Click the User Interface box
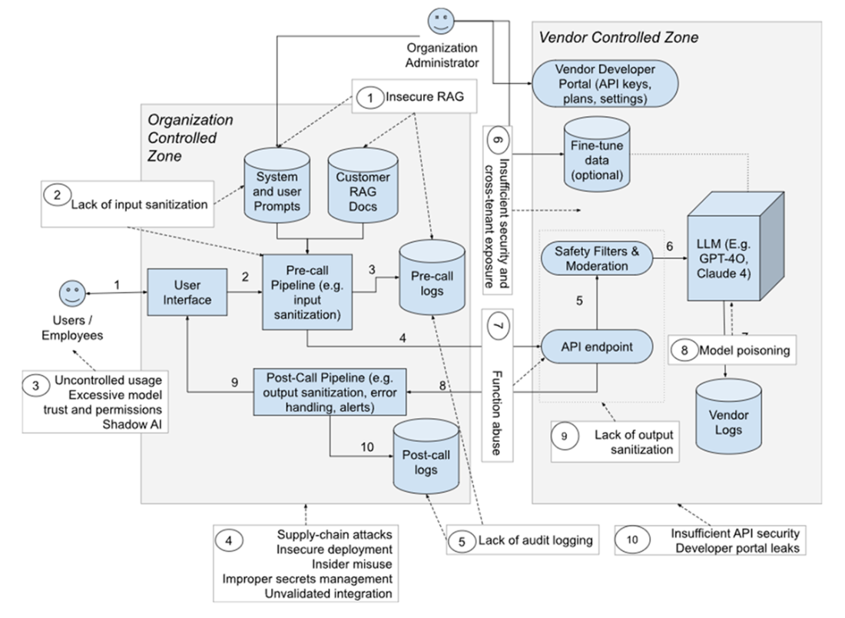(187, 291)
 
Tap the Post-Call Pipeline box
(329, 391)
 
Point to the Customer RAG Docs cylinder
(363, 187)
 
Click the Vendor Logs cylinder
(729, 419)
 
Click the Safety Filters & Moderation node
(597, 258)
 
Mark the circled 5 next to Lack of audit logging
(462, 540)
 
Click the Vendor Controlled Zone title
(618, 36)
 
